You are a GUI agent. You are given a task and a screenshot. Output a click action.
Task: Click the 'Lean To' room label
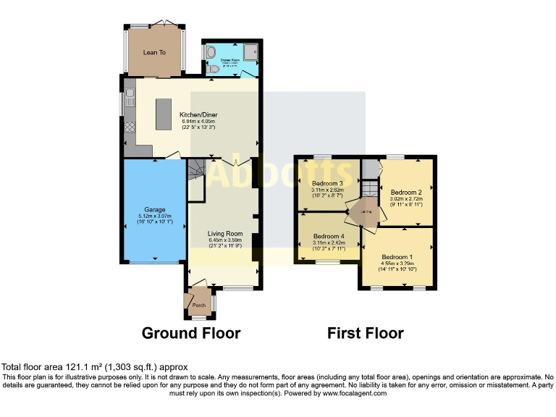point(155,52)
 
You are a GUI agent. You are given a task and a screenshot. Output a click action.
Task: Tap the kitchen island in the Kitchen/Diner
point(164,114)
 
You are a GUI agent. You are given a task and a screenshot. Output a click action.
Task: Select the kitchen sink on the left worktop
point(130,96)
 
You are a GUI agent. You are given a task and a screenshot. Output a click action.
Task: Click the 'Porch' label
point(198,305)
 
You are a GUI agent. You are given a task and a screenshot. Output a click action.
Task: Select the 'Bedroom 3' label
point(327,183)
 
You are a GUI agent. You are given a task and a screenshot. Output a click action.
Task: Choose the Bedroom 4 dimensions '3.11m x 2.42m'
point(327,243)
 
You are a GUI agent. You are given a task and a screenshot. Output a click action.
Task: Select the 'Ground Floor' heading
point(191,333)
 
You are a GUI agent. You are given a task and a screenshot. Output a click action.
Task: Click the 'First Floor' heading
point(366,333)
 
